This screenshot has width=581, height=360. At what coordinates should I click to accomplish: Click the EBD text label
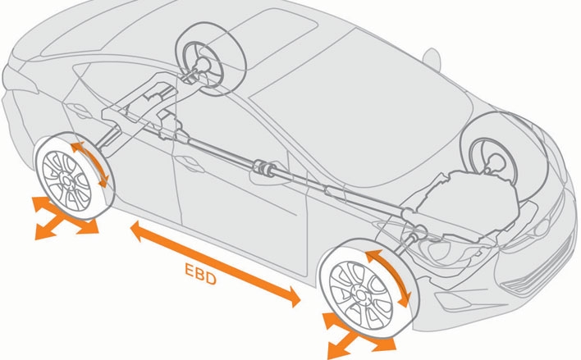(x=198, y=276)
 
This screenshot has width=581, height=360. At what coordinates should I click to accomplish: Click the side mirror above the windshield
(x=432, y=60)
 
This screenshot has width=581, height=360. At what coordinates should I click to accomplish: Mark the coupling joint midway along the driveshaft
(x=265, y=169)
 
